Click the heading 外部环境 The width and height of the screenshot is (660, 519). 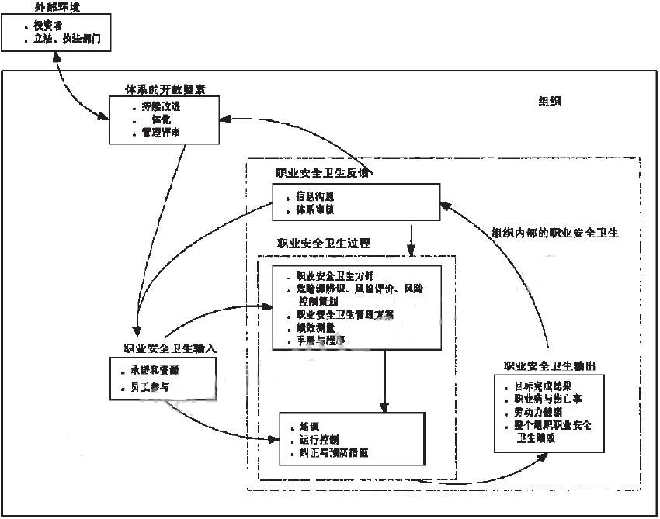[x=57, y=7]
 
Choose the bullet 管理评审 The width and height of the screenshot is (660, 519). [x=161, y=133]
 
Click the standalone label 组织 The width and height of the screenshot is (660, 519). [x=549, y=102]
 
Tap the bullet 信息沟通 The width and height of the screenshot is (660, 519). [x=316, y=196]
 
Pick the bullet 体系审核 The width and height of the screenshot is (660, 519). [x=316, y=209]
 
